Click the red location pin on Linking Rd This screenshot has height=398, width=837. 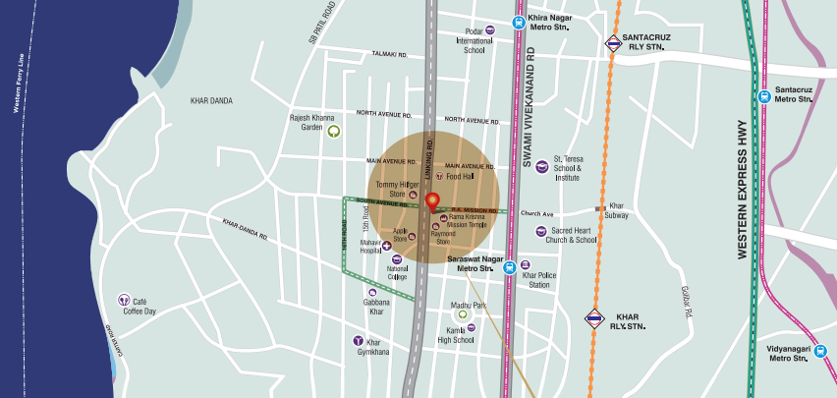(431, 202)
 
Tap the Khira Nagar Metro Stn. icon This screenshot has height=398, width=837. (518, 23)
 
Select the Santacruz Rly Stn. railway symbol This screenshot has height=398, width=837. (613, 43)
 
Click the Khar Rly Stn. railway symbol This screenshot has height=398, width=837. (594, 317)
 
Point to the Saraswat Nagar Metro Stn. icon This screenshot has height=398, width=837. (509, 266)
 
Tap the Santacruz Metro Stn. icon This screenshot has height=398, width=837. (764, 95)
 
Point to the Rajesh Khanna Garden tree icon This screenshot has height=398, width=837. (333, 130)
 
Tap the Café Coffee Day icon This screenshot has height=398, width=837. (124, 299)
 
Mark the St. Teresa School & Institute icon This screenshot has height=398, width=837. (542, 164)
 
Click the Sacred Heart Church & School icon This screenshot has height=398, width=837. (540, 231)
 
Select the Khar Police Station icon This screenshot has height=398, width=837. (525, 265)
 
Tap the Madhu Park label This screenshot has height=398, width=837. (469, 305)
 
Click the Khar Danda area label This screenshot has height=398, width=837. (213, 100)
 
